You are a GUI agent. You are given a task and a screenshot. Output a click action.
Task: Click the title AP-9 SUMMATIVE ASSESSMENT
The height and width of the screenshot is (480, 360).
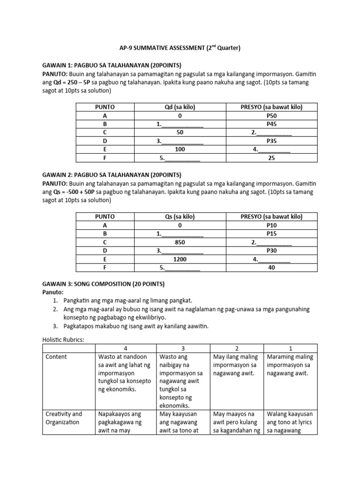180,48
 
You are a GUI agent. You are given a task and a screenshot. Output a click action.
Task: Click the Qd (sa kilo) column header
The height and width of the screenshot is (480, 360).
180,107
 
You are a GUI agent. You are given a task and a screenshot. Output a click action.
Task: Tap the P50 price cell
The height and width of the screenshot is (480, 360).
271,116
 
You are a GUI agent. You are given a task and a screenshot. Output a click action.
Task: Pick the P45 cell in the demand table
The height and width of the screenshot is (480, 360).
271,124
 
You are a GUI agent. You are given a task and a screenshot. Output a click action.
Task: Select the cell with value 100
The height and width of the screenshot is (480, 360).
180,150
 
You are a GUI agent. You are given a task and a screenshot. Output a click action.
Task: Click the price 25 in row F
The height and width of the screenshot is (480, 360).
271,158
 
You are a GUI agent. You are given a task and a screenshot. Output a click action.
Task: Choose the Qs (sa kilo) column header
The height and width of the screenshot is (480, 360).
180,217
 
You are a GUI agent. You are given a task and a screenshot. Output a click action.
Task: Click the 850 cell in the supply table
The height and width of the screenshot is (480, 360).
180,242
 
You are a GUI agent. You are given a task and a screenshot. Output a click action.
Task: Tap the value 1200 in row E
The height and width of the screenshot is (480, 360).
180,259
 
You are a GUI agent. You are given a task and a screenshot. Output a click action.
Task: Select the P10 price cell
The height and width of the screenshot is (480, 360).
271,225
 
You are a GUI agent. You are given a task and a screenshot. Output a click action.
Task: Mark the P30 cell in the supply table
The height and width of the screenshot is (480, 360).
271,251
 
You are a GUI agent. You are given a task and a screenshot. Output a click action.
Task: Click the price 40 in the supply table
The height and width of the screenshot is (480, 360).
271,268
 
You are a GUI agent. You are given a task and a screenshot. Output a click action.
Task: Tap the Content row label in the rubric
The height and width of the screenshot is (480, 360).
56,357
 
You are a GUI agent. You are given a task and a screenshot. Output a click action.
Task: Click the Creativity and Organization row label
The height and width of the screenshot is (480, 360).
64,418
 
